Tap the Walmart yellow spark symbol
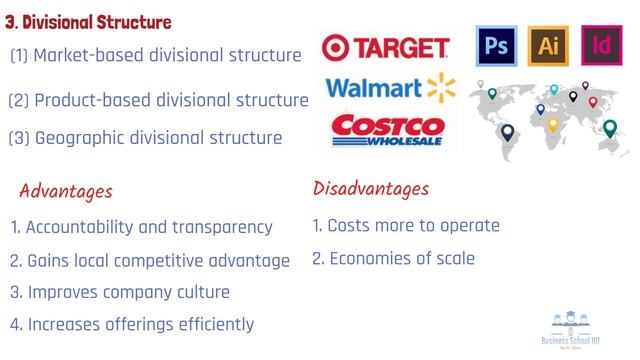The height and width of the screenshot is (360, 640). point(441,88)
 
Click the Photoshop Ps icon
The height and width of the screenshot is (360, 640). point(493,45)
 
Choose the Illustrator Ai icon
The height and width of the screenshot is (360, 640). point(547,45)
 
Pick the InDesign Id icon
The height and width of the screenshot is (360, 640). point(602,45)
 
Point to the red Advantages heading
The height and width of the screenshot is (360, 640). point(66,190)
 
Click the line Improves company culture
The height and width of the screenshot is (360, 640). point(120,292)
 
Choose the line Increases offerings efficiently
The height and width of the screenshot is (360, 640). point(132,324)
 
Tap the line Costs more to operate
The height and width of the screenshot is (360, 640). point(406,225)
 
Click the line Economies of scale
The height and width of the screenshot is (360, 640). point(393,258)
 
